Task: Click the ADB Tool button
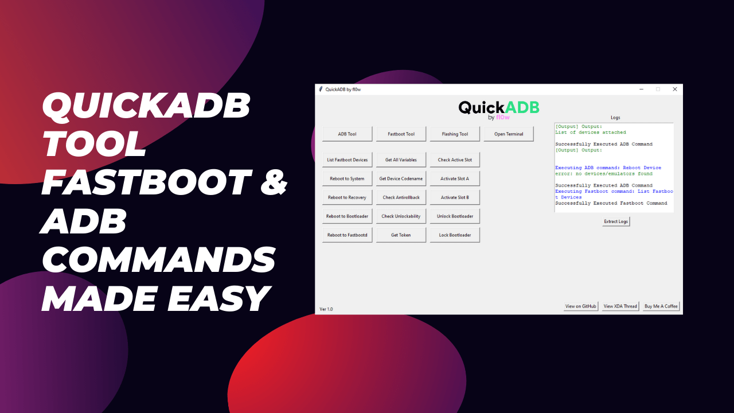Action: tap(347, 134)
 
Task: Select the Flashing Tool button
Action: tap(455, 134)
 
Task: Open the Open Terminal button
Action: tap(509, 134)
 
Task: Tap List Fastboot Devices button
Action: tap(347, 160)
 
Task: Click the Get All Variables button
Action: tap(401, 160)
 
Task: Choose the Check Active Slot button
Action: tap(455, 160)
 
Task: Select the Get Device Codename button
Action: tap(401, 179)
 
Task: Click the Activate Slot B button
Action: tap(455, 197)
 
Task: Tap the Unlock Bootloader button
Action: tap(455, 216)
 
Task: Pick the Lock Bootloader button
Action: tap(455, 235)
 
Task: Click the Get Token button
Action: tap(401, 235)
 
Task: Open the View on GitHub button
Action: tap(581, 306)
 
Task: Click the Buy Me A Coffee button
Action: tap(661, 306)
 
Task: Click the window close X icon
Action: tap(674, 89)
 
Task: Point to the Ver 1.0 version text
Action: tap(326, 309)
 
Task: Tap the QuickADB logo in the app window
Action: tap(499, 109)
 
